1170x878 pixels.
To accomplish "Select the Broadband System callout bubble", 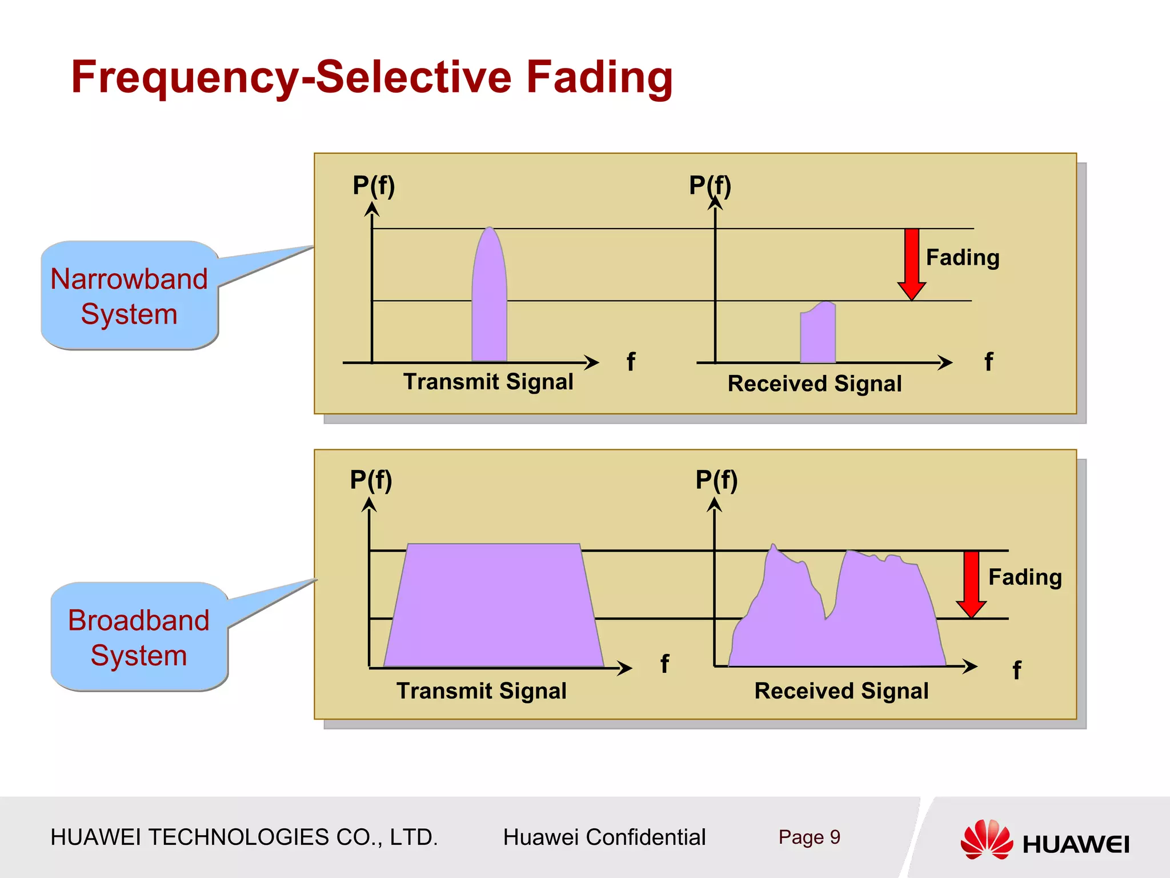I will click(139, 637).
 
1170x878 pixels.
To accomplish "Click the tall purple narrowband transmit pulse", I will click(490, 297).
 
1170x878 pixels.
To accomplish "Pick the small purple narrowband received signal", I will click(818, 334).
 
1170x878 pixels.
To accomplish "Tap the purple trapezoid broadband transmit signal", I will click(493, 606).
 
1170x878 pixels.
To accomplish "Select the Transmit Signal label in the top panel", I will click(488, 382).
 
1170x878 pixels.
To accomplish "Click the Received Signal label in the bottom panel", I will click(842, 691).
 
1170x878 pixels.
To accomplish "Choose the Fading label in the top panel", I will click(963, 258).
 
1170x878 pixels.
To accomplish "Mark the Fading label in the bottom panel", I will click(1025, 577).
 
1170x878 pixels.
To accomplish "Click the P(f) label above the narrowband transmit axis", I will click(374, 186).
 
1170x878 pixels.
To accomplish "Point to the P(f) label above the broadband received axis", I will click(716, 480).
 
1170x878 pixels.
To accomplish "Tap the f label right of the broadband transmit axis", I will click(664, 664).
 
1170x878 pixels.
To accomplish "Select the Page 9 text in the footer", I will click(809, 837).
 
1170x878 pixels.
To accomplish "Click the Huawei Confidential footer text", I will click(604, 837).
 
